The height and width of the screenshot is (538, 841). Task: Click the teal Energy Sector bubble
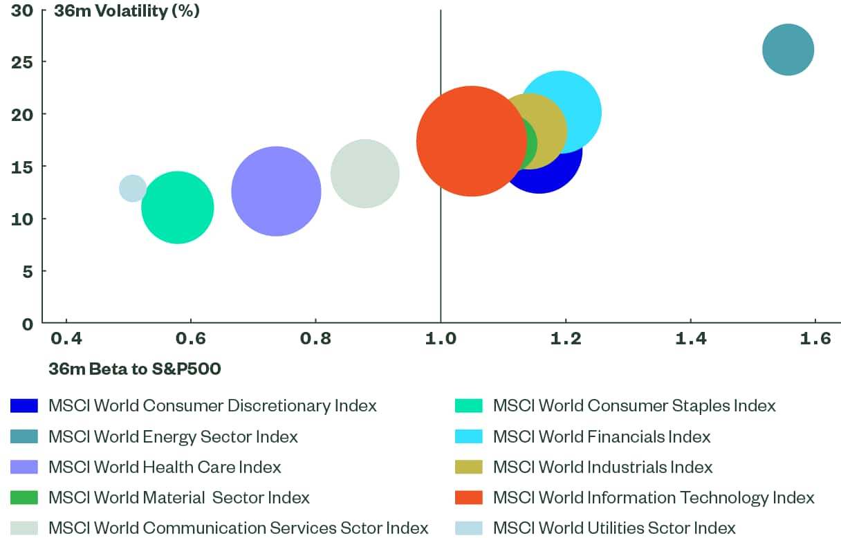(x=788, y=50)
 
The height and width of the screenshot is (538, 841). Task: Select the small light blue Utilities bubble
(x=133, y=188)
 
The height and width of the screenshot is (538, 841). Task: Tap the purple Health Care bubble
(x=276, y=192)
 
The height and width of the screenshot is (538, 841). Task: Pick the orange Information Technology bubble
(x=471, y=141)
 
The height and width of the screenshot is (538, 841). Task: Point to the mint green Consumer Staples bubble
(x=178, y=207)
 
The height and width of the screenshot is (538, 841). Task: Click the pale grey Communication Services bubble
(x=364, y=174)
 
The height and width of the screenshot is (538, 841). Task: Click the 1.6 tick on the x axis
(x=815, y=339)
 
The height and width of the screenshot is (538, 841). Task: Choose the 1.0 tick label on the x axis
(x=441, y=339)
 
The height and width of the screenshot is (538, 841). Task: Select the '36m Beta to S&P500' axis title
(x=135, y=369)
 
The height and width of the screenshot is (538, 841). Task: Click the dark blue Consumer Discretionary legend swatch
(x=24, y=406)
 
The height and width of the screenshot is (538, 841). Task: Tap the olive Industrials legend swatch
(x=468, y=467)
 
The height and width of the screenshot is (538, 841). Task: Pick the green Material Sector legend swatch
(x=24, y=498)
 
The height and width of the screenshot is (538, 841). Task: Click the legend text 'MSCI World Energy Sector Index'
(x=173, y=437)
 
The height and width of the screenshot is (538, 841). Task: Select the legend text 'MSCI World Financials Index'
(x=602, y=437)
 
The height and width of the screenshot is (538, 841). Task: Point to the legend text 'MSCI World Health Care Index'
(x=165, y=467)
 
